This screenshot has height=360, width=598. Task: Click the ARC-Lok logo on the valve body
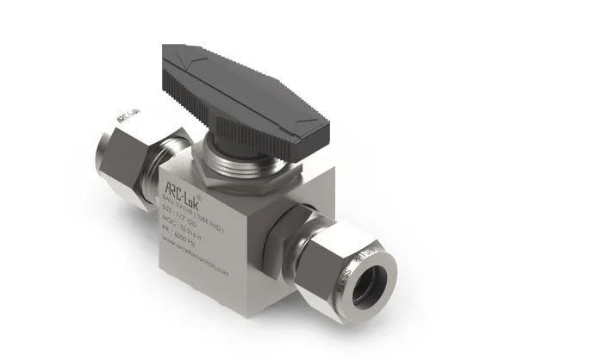(182, 187)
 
